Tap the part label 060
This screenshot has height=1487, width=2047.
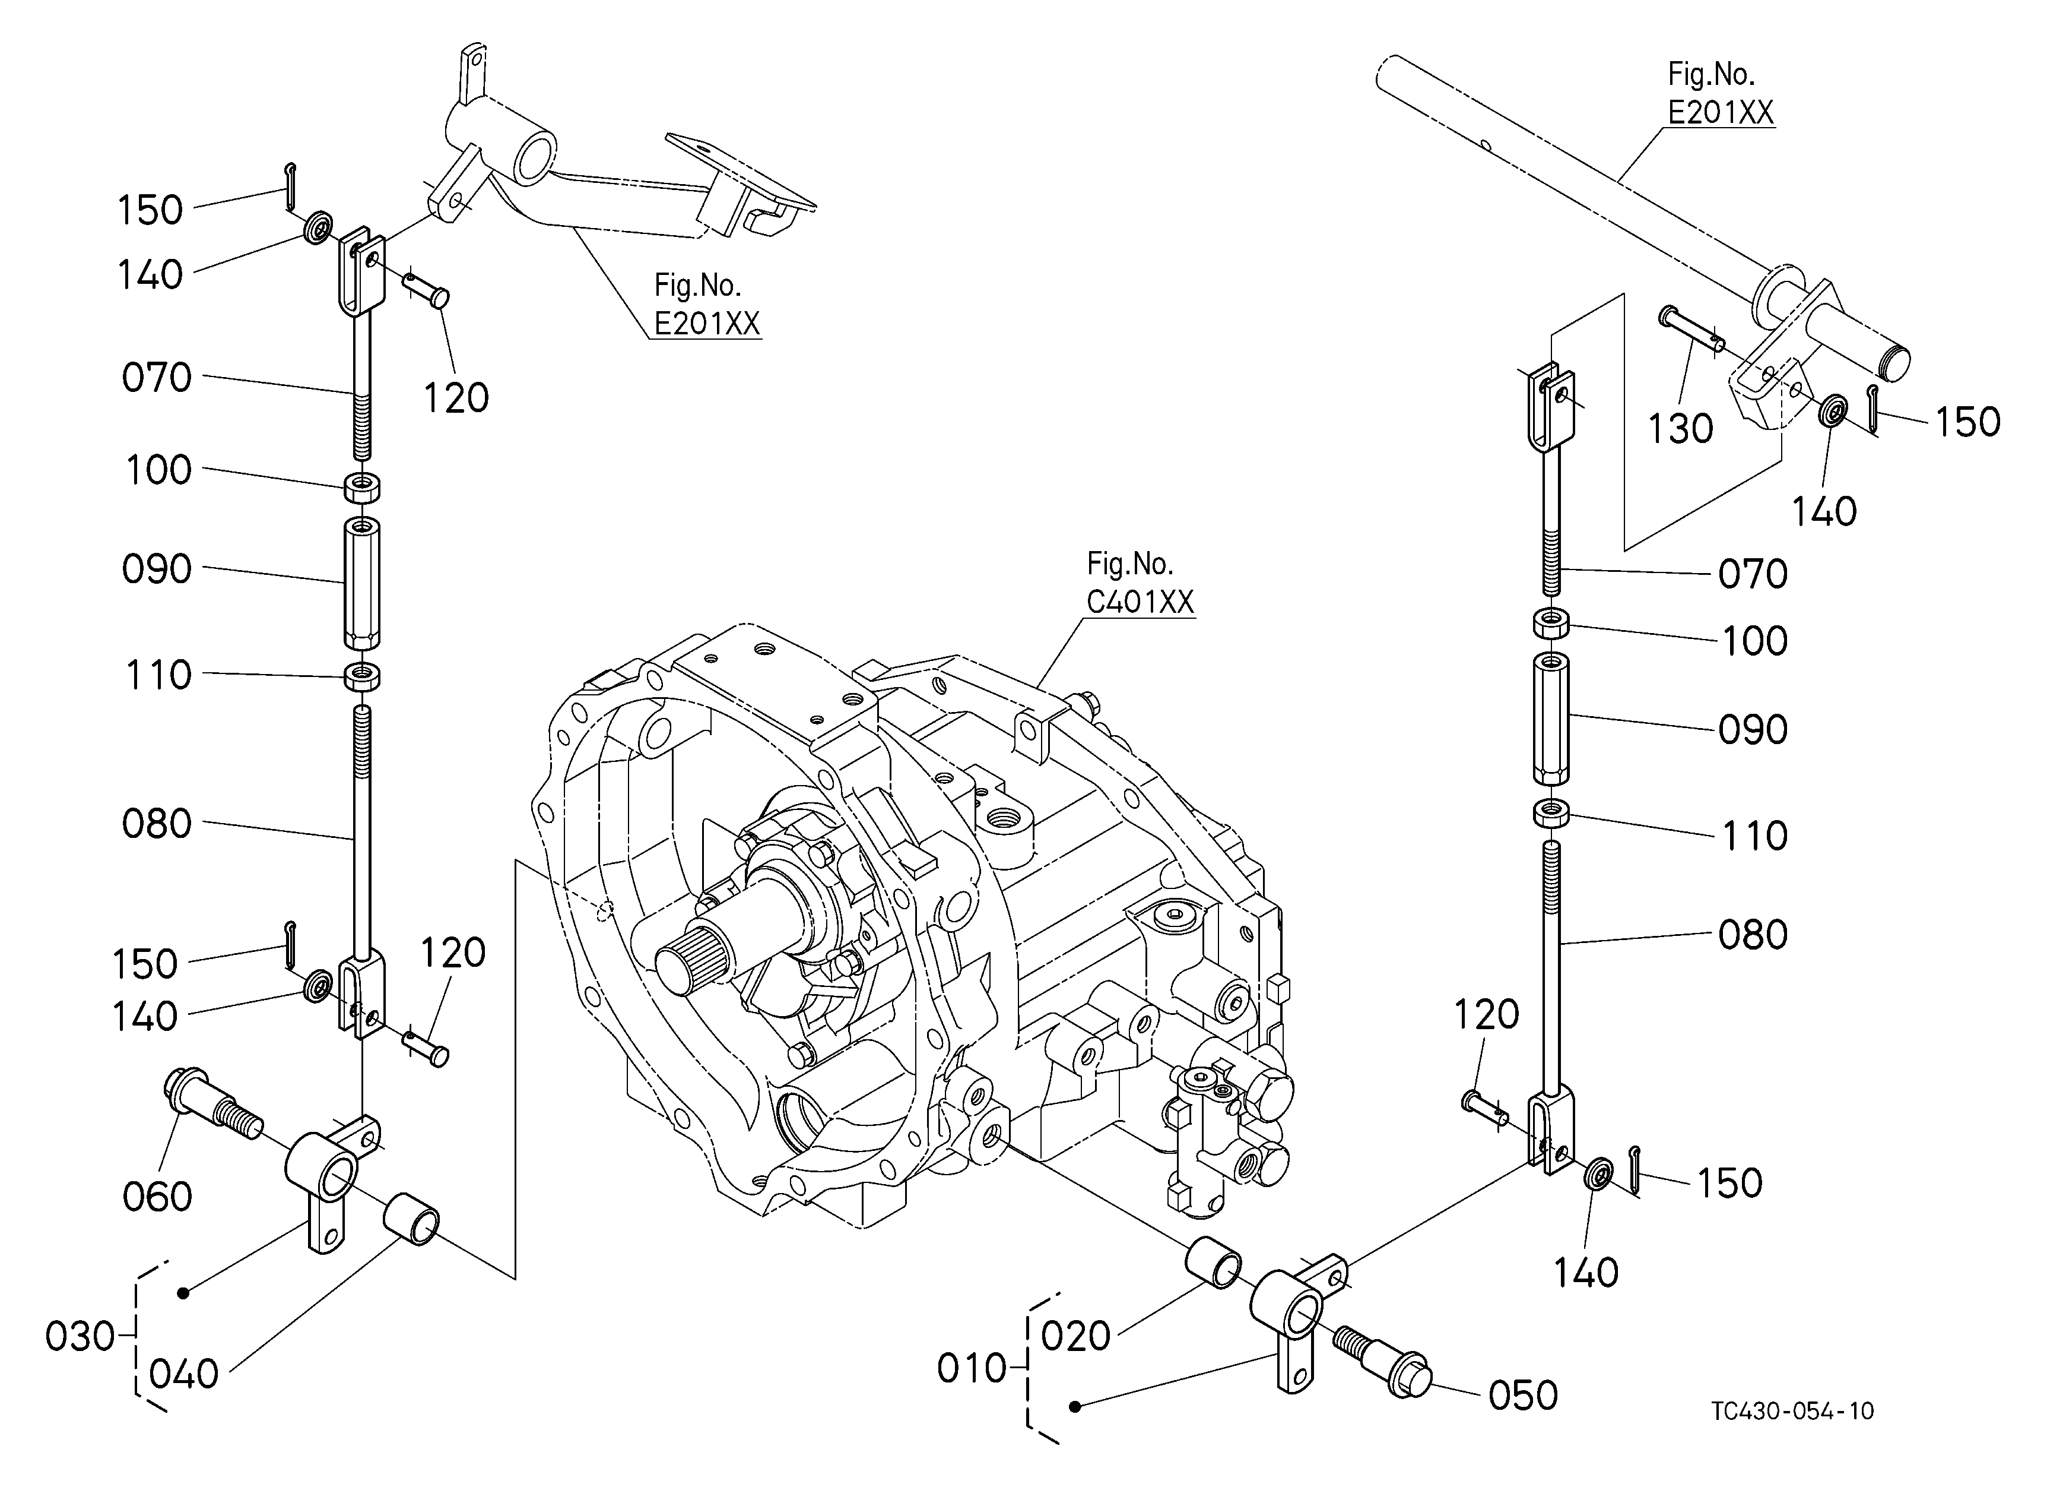[x=157, y=1197]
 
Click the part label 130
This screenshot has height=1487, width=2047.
[x=1681, y=429]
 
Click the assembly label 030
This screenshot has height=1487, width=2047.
[x=80, y=1336]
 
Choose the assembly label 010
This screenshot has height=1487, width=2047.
[x=972, y=1369]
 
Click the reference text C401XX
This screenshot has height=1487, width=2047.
[x=1140, y=602]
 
